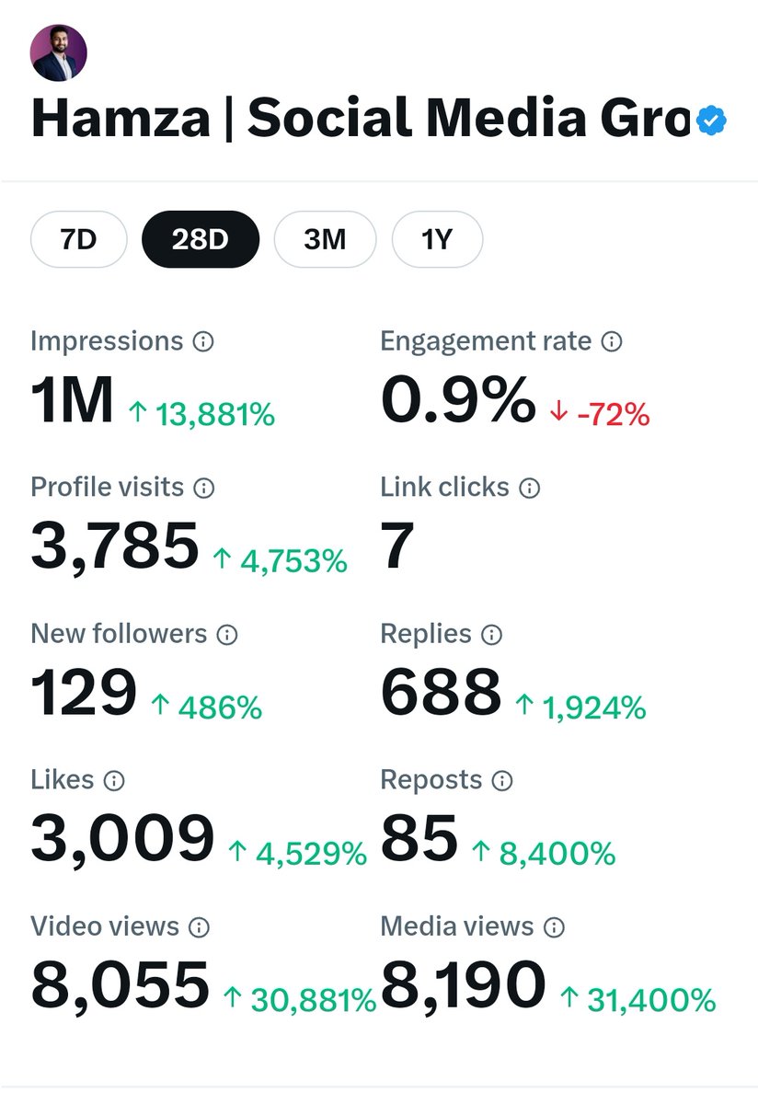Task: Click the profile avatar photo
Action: (x=59, y=52)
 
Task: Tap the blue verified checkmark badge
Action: (x=711, y=121)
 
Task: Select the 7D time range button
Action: (x=78, y=240)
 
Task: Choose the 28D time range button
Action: (x=200, y=240)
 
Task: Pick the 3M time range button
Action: (x=325, y=240)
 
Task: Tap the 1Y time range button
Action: (x=437, y=240)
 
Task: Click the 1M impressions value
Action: (x=72, y=402)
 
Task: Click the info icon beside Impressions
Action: (x=203, y=342)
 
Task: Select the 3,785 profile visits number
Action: (x=115, y=546)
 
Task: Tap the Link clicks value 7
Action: (x=397, y=546)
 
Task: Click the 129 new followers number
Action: (x=84, y=693)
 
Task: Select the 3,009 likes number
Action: (x=122, y=839)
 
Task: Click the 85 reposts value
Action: (x=419, y=839)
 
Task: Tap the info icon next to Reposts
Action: (x=502, y=781)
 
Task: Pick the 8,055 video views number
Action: (x=121, y=985)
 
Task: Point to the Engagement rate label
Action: (x=486, y=341)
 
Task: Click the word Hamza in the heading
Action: (x=121, y=121)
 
